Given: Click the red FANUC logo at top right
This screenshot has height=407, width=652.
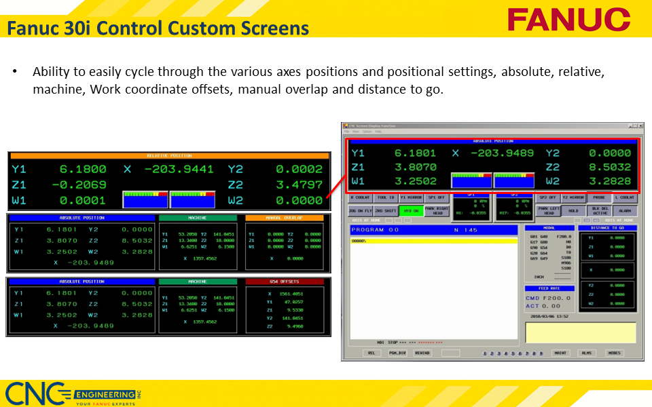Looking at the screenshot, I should [569, 19].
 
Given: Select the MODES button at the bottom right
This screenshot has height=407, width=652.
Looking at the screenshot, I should [614, 353].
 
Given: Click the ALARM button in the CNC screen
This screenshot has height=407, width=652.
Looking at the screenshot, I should [624, 211].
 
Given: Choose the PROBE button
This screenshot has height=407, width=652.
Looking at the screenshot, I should [599, 197].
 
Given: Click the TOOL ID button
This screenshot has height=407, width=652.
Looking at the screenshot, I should [386, 197].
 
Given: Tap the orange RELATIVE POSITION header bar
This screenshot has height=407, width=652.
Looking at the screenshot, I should [169, 156].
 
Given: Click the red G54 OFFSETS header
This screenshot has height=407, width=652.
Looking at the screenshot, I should [285, 281].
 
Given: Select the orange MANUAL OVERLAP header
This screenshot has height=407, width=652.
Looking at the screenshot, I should [285, 218].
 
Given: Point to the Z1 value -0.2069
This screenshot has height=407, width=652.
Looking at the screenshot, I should [82, 185].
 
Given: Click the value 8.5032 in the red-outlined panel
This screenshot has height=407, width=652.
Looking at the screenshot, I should [609, 166].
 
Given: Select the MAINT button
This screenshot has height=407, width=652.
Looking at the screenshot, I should [560, 353].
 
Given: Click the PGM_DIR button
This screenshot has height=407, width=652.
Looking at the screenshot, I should [397, 353].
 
